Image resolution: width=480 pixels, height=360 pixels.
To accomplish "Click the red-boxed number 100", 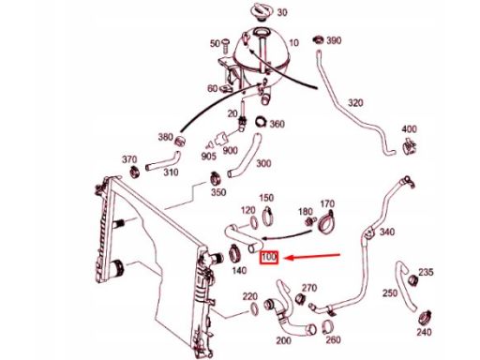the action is click(269, 257).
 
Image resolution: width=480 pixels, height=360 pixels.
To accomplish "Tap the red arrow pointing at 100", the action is click(312, 257).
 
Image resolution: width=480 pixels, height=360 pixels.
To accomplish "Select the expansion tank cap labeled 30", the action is click(262, 11).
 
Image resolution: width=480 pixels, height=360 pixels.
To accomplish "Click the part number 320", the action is click(355, 103).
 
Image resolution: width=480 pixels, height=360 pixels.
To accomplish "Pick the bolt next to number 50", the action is click(225, 45).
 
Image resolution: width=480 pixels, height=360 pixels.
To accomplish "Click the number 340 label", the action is click(387, 232).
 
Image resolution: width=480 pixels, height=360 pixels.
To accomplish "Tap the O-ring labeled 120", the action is click(254, 222).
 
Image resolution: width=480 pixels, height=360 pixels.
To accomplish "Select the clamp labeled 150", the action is click(267, 216).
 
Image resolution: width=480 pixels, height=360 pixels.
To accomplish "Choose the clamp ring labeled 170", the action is click(325, 221).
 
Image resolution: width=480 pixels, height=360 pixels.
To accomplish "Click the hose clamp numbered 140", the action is click(234, 253).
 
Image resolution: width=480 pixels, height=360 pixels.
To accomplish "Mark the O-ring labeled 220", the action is click(254, 308).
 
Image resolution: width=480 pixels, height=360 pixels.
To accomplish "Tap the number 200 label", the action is click(283, 340).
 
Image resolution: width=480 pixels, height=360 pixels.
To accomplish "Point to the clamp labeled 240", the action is click(425, 318).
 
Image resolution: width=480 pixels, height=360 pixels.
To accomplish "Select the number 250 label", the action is click(390, 293).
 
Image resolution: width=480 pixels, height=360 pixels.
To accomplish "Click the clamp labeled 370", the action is click(135, 172).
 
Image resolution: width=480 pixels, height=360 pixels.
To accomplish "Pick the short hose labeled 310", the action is click(163, 161).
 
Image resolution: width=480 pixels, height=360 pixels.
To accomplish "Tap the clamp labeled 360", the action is click(262, 121).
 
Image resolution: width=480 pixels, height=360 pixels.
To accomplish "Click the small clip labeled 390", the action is click(319, 40).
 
